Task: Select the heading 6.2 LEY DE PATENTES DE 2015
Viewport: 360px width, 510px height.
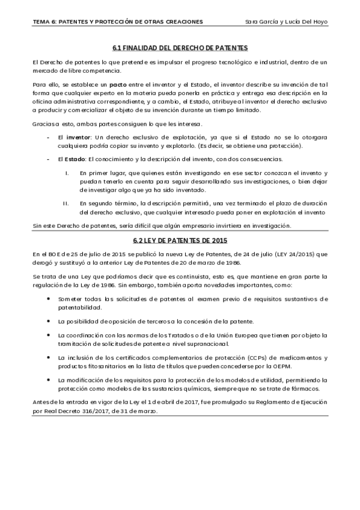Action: tap(180, 241)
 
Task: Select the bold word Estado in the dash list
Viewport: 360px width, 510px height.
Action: tap(76, 159)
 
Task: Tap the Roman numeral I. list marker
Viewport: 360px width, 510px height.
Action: tap(66, 172)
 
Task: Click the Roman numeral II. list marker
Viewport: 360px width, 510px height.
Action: tap(66, 203)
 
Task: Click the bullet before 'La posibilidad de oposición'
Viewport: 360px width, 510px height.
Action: tap(48, 321)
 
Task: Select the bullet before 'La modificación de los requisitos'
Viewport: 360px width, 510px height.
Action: tap(48, 381)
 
